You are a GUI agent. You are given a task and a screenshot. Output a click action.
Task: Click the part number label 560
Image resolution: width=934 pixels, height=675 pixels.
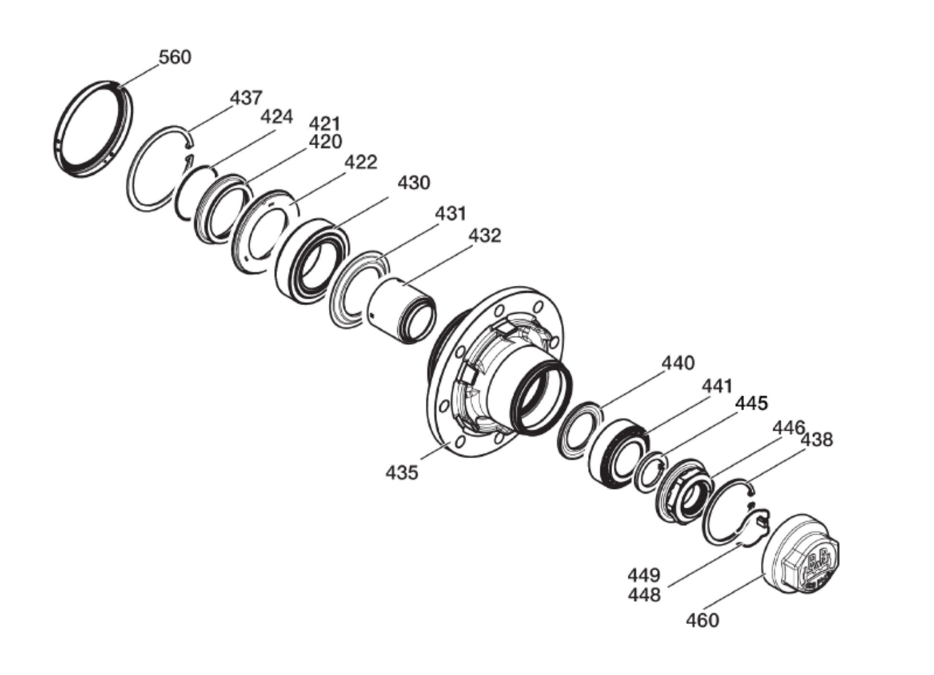pos(175,57)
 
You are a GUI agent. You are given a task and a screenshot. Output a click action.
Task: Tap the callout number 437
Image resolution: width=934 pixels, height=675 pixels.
pos(246,98)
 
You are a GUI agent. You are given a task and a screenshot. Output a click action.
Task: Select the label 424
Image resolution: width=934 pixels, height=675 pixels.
pos(276,116)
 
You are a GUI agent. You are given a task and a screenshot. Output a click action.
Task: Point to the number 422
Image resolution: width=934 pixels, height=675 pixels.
pos(361,162)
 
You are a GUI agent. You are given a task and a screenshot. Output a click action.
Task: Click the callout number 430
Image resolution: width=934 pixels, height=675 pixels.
pos(414,182)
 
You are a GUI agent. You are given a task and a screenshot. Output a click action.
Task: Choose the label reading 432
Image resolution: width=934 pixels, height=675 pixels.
pos(485,235)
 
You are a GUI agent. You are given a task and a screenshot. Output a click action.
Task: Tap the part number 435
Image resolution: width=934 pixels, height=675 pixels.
pos(402,473)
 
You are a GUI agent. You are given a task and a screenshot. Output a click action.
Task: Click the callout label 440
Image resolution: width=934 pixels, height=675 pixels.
pos(679,363)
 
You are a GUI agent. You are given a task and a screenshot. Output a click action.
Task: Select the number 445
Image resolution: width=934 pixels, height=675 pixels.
pos(752,403)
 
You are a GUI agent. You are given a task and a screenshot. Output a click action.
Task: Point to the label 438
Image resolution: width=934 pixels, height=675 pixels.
pos(817,440)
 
